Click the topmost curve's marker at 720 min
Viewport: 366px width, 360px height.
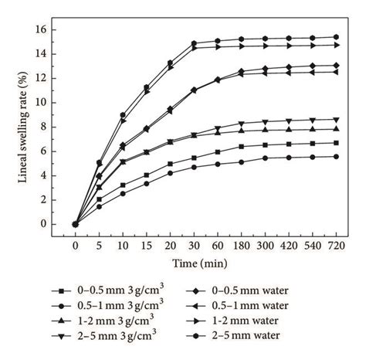pos(335,37)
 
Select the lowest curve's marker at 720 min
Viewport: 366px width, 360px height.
pos(335,157)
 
